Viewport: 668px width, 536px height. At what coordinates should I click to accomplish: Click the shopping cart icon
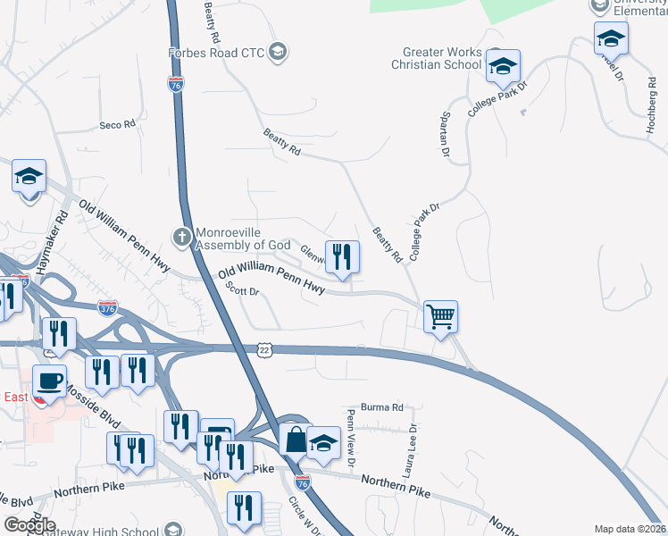coord(441,316)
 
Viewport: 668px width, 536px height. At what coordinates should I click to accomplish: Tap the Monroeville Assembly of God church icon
coord(181,237)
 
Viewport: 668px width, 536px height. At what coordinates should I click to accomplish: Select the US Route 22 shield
coord(264,350)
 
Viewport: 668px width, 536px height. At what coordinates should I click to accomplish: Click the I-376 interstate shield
coord(107,307)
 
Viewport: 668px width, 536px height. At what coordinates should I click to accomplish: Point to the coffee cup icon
coord(49,382)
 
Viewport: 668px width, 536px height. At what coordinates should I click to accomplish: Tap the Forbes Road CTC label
coord(216,53)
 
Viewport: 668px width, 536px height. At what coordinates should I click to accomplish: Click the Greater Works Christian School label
coord(442,59)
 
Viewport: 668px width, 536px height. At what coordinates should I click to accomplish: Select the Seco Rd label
coord(117,125)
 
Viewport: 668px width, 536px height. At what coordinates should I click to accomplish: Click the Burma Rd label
coord(382,406)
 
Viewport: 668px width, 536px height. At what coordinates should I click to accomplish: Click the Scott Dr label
coord(242,290)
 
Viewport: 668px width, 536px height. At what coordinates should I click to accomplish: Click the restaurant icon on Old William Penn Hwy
coord(341,257)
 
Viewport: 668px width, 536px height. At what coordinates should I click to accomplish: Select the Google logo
coord(30,524)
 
